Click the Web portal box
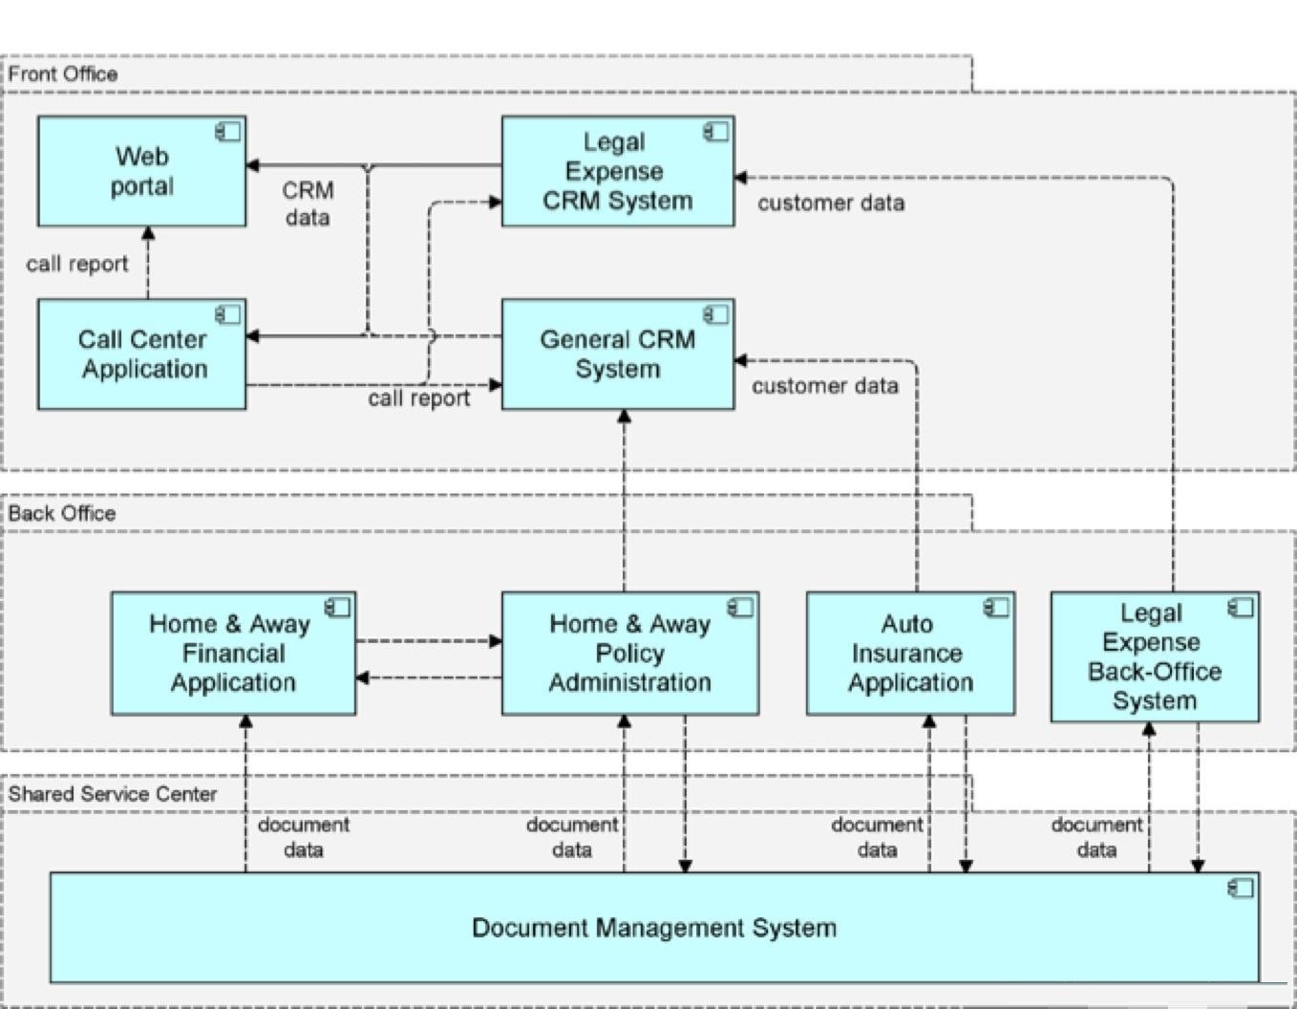(x=142, y=171)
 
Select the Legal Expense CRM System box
(x=618, y=171)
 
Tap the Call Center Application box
(x=142, y=354)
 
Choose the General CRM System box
(x=618, y=354)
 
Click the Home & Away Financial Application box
(x=233, y=654)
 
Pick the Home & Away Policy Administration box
(x=630, y=654)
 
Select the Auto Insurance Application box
(x=910, y=654)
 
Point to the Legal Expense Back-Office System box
(x=1155, y=656)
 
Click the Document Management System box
(x=655, y=927)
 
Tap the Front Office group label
(x=63, y=74)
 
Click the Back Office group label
(x=62, y=513)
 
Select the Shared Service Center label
(x=112, y=794)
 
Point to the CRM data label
(x=308, y=204)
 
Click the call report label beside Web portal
(x=77, y=264)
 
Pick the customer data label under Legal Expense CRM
(x=831, y=203)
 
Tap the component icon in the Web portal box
(x=228, y=131)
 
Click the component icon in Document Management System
(x=1241, y=889)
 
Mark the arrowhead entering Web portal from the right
(x=252, y=165)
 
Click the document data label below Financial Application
(x=303, y=837)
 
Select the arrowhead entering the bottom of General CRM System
(x=624, y=417)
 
